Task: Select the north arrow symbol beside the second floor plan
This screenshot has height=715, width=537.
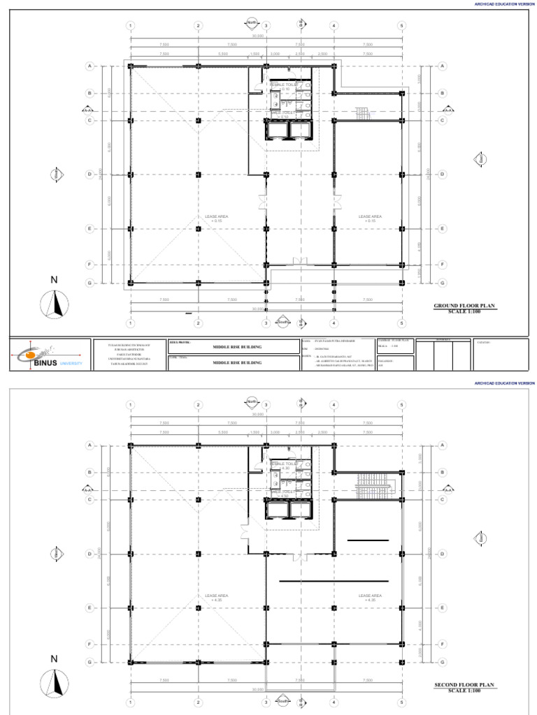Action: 55,683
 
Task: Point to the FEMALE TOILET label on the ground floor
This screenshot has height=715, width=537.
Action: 285,85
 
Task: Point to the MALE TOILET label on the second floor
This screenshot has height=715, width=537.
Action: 284,492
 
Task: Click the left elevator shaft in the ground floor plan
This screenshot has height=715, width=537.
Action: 276,130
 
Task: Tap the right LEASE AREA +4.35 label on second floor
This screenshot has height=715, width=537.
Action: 370,597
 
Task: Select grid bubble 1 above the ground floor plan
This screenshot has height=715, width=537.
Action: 130,26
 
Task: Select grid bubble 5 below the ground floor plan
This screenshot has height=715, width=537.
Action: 402,323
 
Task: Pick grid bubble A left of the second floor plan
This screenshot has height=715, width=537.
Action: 89,445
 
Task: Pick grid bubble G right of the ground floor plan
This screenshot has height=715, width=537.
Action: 442,283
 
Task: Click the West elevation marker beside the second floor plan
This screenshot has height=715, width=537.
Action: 55,554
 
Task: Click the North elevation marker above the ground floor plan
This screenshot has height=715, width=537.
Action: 252,23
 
